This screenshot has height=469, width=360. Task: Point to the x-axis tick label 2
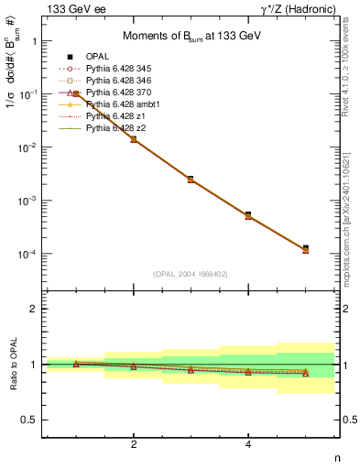pos(134,444)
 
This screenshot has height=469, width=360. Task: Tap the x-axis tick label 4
pos(248,444)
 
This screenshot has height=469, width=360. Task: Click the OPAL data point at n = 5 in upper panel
pos(305,248)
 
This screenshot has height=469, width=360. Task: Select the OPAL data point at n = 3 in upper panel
pos(191,179)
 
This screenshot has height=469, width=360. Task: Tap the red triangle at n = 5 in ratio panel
pos(305,373)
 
